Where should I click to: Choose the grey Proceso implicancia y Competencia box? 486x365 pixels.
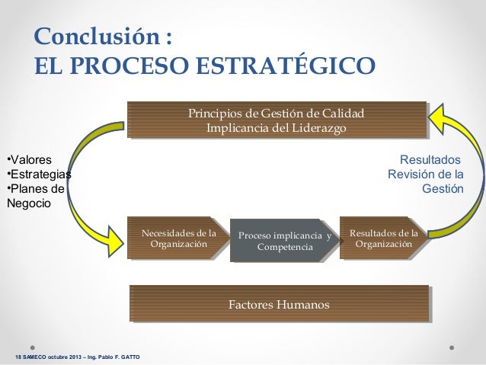coord(284,242)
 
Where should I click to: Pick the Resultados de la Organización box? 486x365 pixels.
coord(382,238)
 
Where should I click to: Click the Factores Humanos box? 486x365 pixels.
coord(279,305)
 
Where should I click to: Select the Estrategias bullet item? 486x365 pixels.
coord(38,175)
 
